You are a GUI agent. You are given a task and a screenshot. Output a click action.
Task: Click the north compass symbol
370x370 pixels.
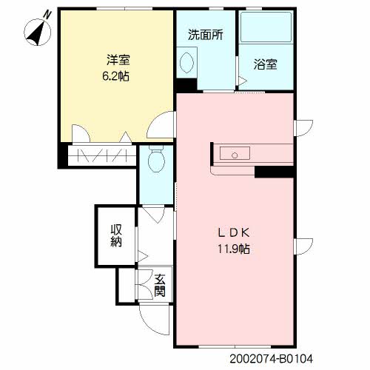[x=38, y=32]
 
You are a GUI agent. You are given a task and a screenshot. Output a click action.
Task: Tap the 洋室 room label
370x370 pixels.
[x=118, y=60]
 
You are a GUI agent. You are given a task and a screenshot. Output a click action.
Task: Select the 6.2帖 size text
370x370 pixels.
[x=115, y=76]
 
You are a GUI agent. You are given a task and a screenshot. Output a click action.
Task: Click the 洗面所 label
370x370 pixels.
[x=206, y=35]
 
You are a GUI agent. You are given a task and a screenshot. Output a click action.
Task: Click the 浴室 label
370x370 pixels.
[x=265, y=64]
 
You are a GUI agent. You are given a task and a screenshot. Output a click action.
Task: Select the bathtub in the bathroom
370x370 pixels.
[x=266, y=27]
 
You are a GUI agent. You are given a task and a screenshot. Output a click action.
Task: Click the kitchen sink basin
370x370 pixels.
[x=235, y=153]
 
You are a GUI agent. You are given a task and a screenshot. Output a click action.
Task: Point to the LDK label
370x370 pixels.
[x=234, y=233]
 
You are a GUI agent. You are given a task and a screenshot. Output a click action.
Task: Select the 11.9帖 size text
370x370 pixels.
[x=234, y=249]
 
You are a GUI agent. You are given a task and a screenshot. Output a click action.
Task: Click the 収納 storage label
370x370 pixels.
[x=116, y=235]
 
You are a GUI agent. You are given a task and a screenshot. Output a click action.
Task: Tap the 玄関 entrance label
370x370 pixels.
[x=160, y=285]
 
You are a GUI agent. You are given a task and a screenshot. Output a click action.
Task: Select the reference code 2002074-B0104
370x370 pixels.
[x=272, y=359]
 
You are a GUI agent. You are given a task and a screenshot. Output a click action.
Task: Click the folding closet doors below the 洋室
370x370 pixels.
[x=102, y=156]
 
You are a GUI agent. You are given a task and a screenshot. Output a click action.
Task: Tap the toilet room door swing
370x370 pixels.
[x=154, y=215]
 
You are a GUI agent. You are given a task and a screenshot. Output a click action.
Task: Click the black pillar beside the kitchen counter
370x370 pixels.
[x=274, y=172]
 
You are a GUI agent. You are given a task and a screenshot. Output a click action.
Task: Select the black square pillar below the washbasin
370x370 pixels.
[x=186, y=85]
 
